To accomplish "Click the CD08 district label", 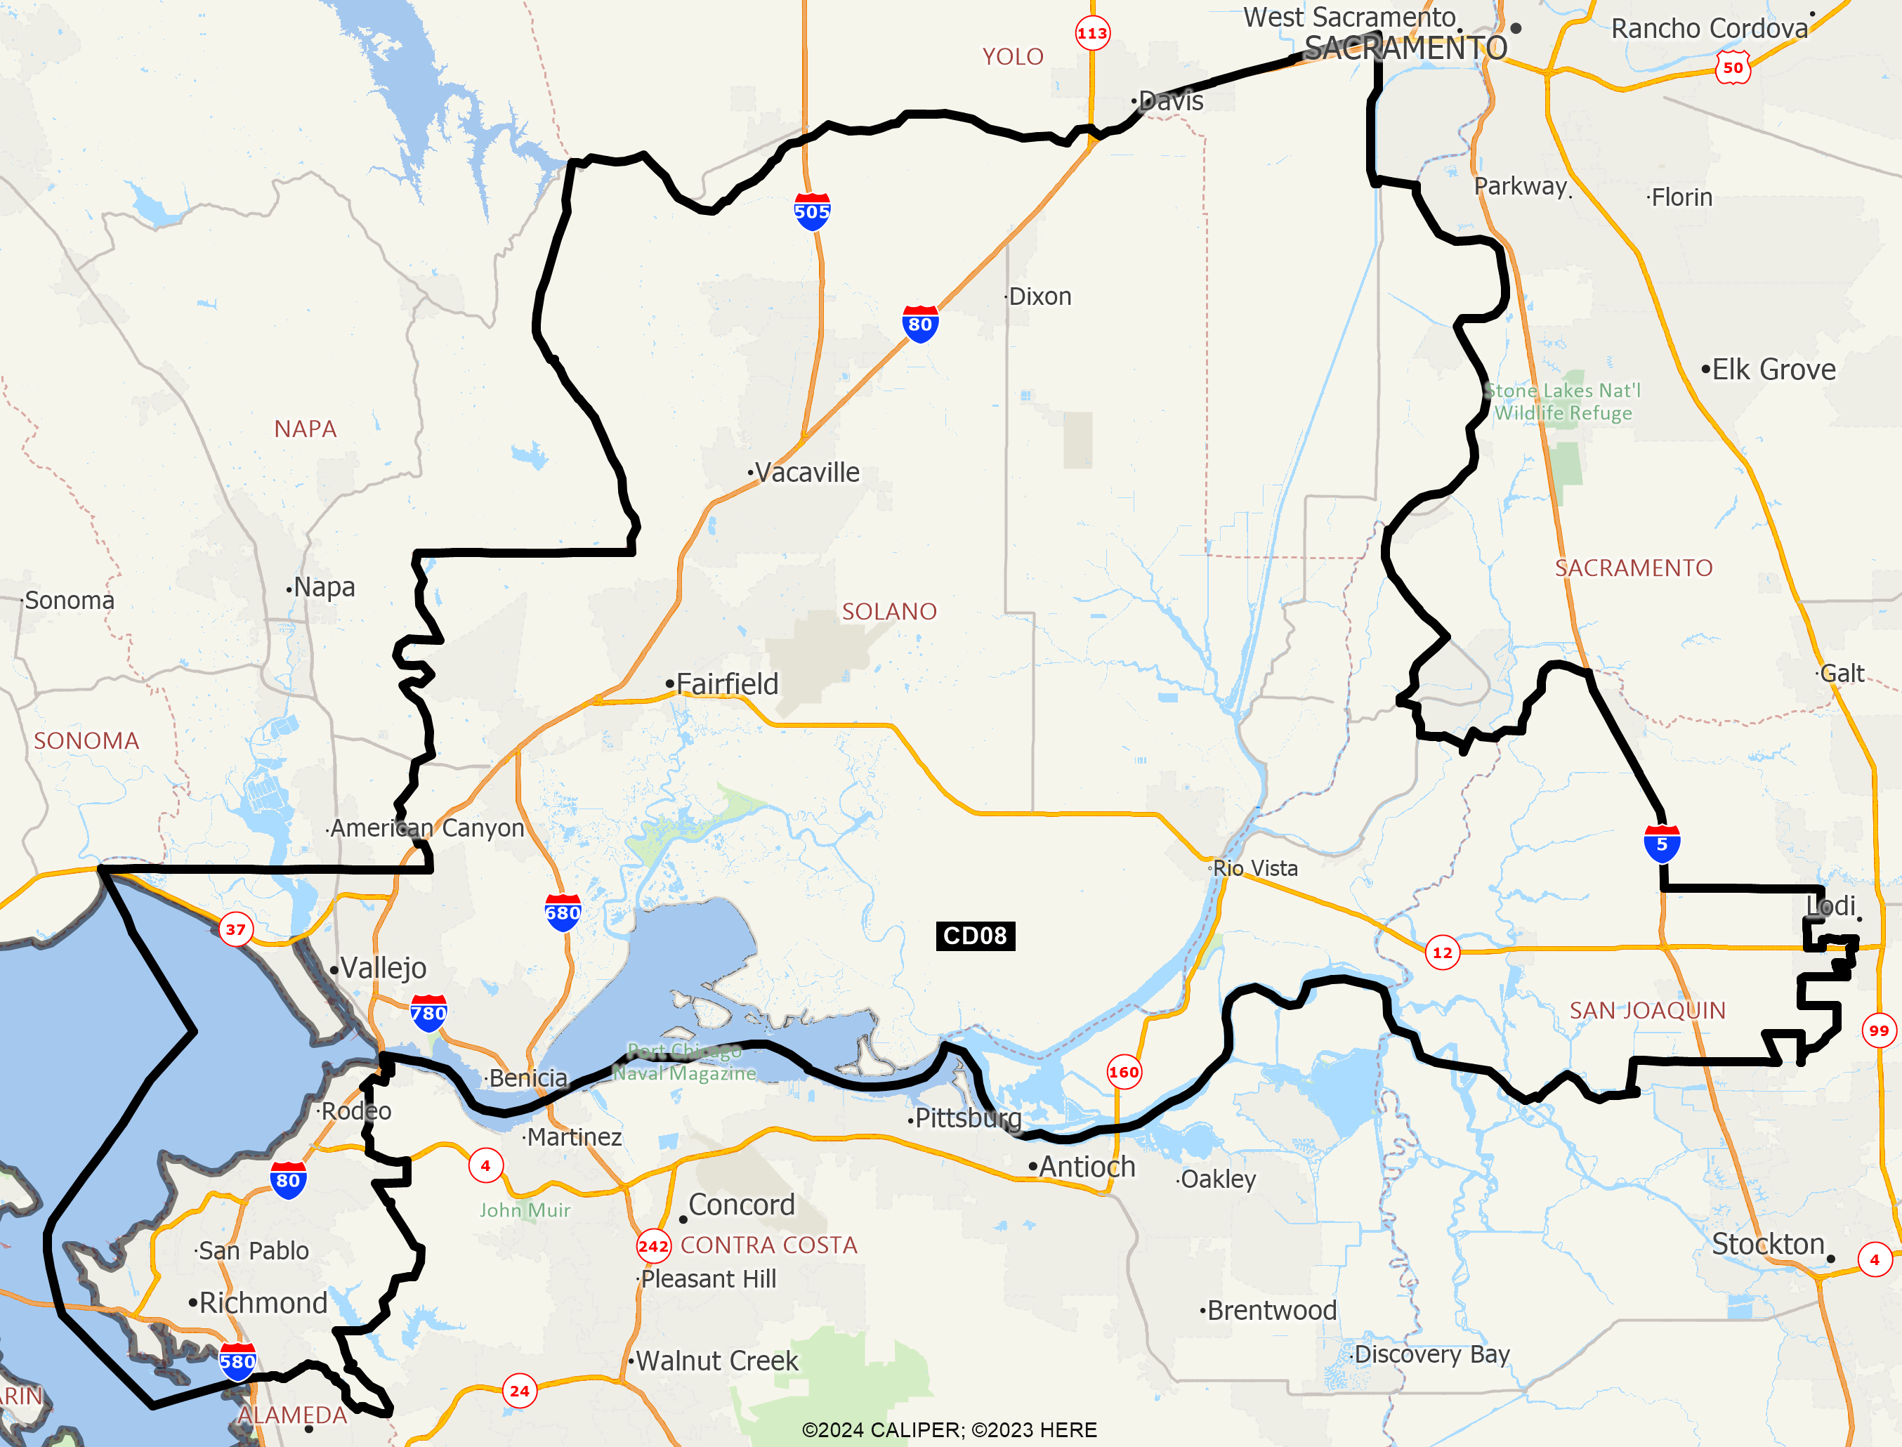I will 975,936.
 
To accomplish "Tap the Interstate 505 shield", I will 812,212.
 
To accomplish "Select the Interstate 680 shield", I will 563,913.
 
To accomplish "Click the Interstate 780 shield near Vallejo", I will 428,1014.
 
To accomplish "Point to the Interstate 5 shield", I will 1662,844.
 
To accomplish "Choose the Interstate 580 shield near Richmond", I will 237,1362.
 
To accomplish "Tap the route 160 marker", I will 1124,1073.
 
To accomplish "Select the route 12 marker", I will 1442,952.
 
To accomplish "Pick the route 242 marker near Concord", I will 653,1246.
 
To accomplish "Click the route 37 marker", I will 236,929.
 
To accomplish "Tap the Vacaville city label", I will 807,472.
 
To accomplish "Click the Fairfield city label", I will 727,684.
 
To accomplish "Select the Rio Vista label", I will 1255,868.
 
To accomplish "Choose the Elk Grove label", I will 1773,369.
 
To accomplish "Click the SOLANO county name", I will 889,612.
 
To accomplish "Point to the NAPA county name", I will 306,429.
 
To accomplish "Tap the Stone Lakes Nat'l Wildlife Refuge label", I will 1563,401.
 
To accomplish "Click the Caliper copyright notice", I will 949,1429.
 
